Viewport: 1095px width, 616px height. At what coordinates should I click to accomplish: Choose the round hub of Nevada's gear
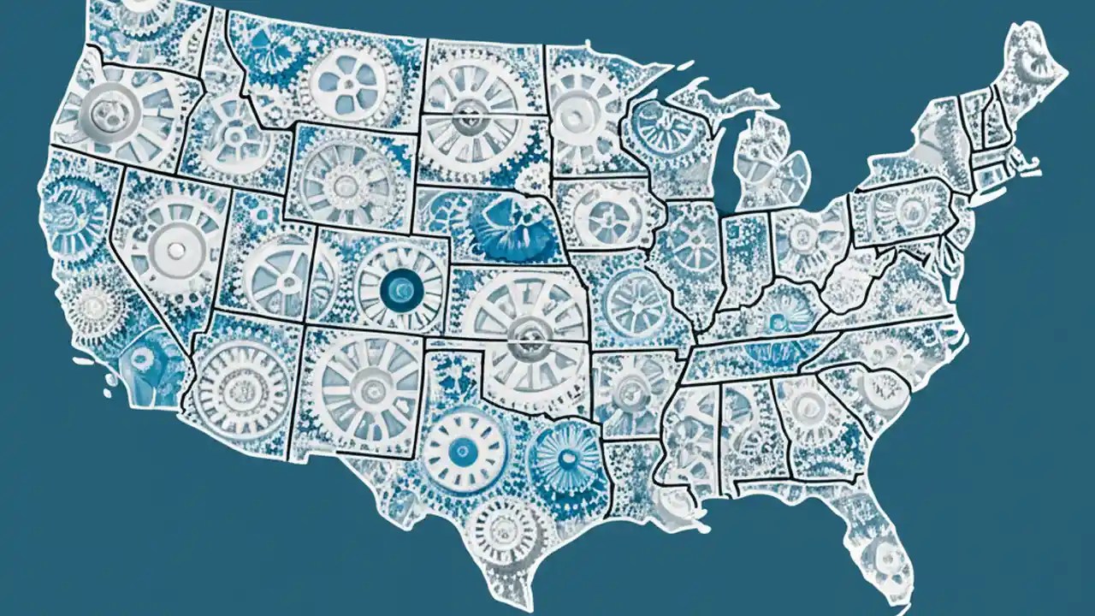tap(177, 249)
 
